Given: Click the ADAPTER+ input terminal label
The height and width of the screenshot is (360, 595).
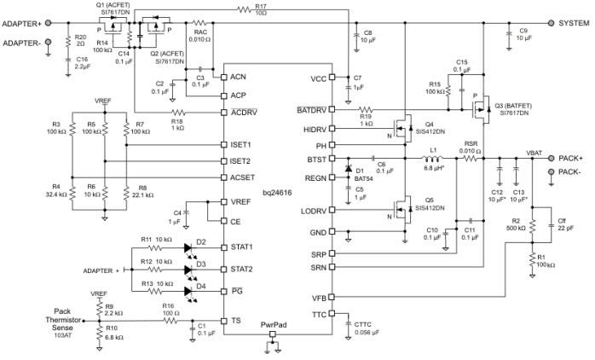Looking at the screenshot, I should click(x=23, y=24).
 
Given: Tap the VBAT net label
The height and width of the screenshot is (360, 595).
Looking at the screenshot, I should click(x=534, y=152).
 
